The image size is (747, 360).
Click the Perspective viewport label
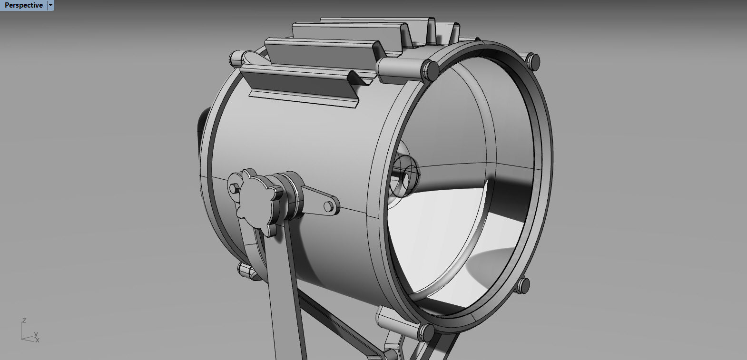pos(23,5)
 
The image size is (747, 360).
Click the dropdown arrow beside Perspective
pos(51,5)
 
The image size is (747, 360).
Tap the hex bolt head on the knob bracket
pos(234,189)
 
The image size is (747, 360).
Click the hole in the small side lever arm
pos(328,206)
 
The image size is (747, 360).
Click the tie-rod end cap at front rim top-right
pos(534,61)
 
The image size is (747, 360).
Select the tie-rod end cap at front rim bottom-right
pos(523,285)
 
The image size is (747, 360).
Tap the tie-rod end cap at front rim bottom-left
pos(427,331)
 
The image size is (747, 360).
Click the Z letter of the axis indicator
pos(24,321)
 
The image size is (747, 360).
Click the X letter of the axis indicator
pos(38,340)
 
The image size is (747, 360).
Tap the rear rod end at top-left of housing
pos(236,59)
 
